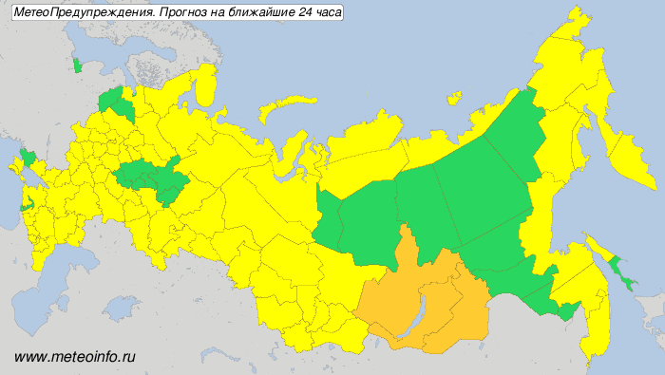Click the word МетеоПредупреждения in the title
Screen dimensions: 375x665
coord(77,12)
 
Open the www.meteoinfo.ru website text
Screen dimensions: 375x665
coord(76,357)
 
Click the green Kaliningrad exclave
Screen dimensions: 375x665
coord(77,66)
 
